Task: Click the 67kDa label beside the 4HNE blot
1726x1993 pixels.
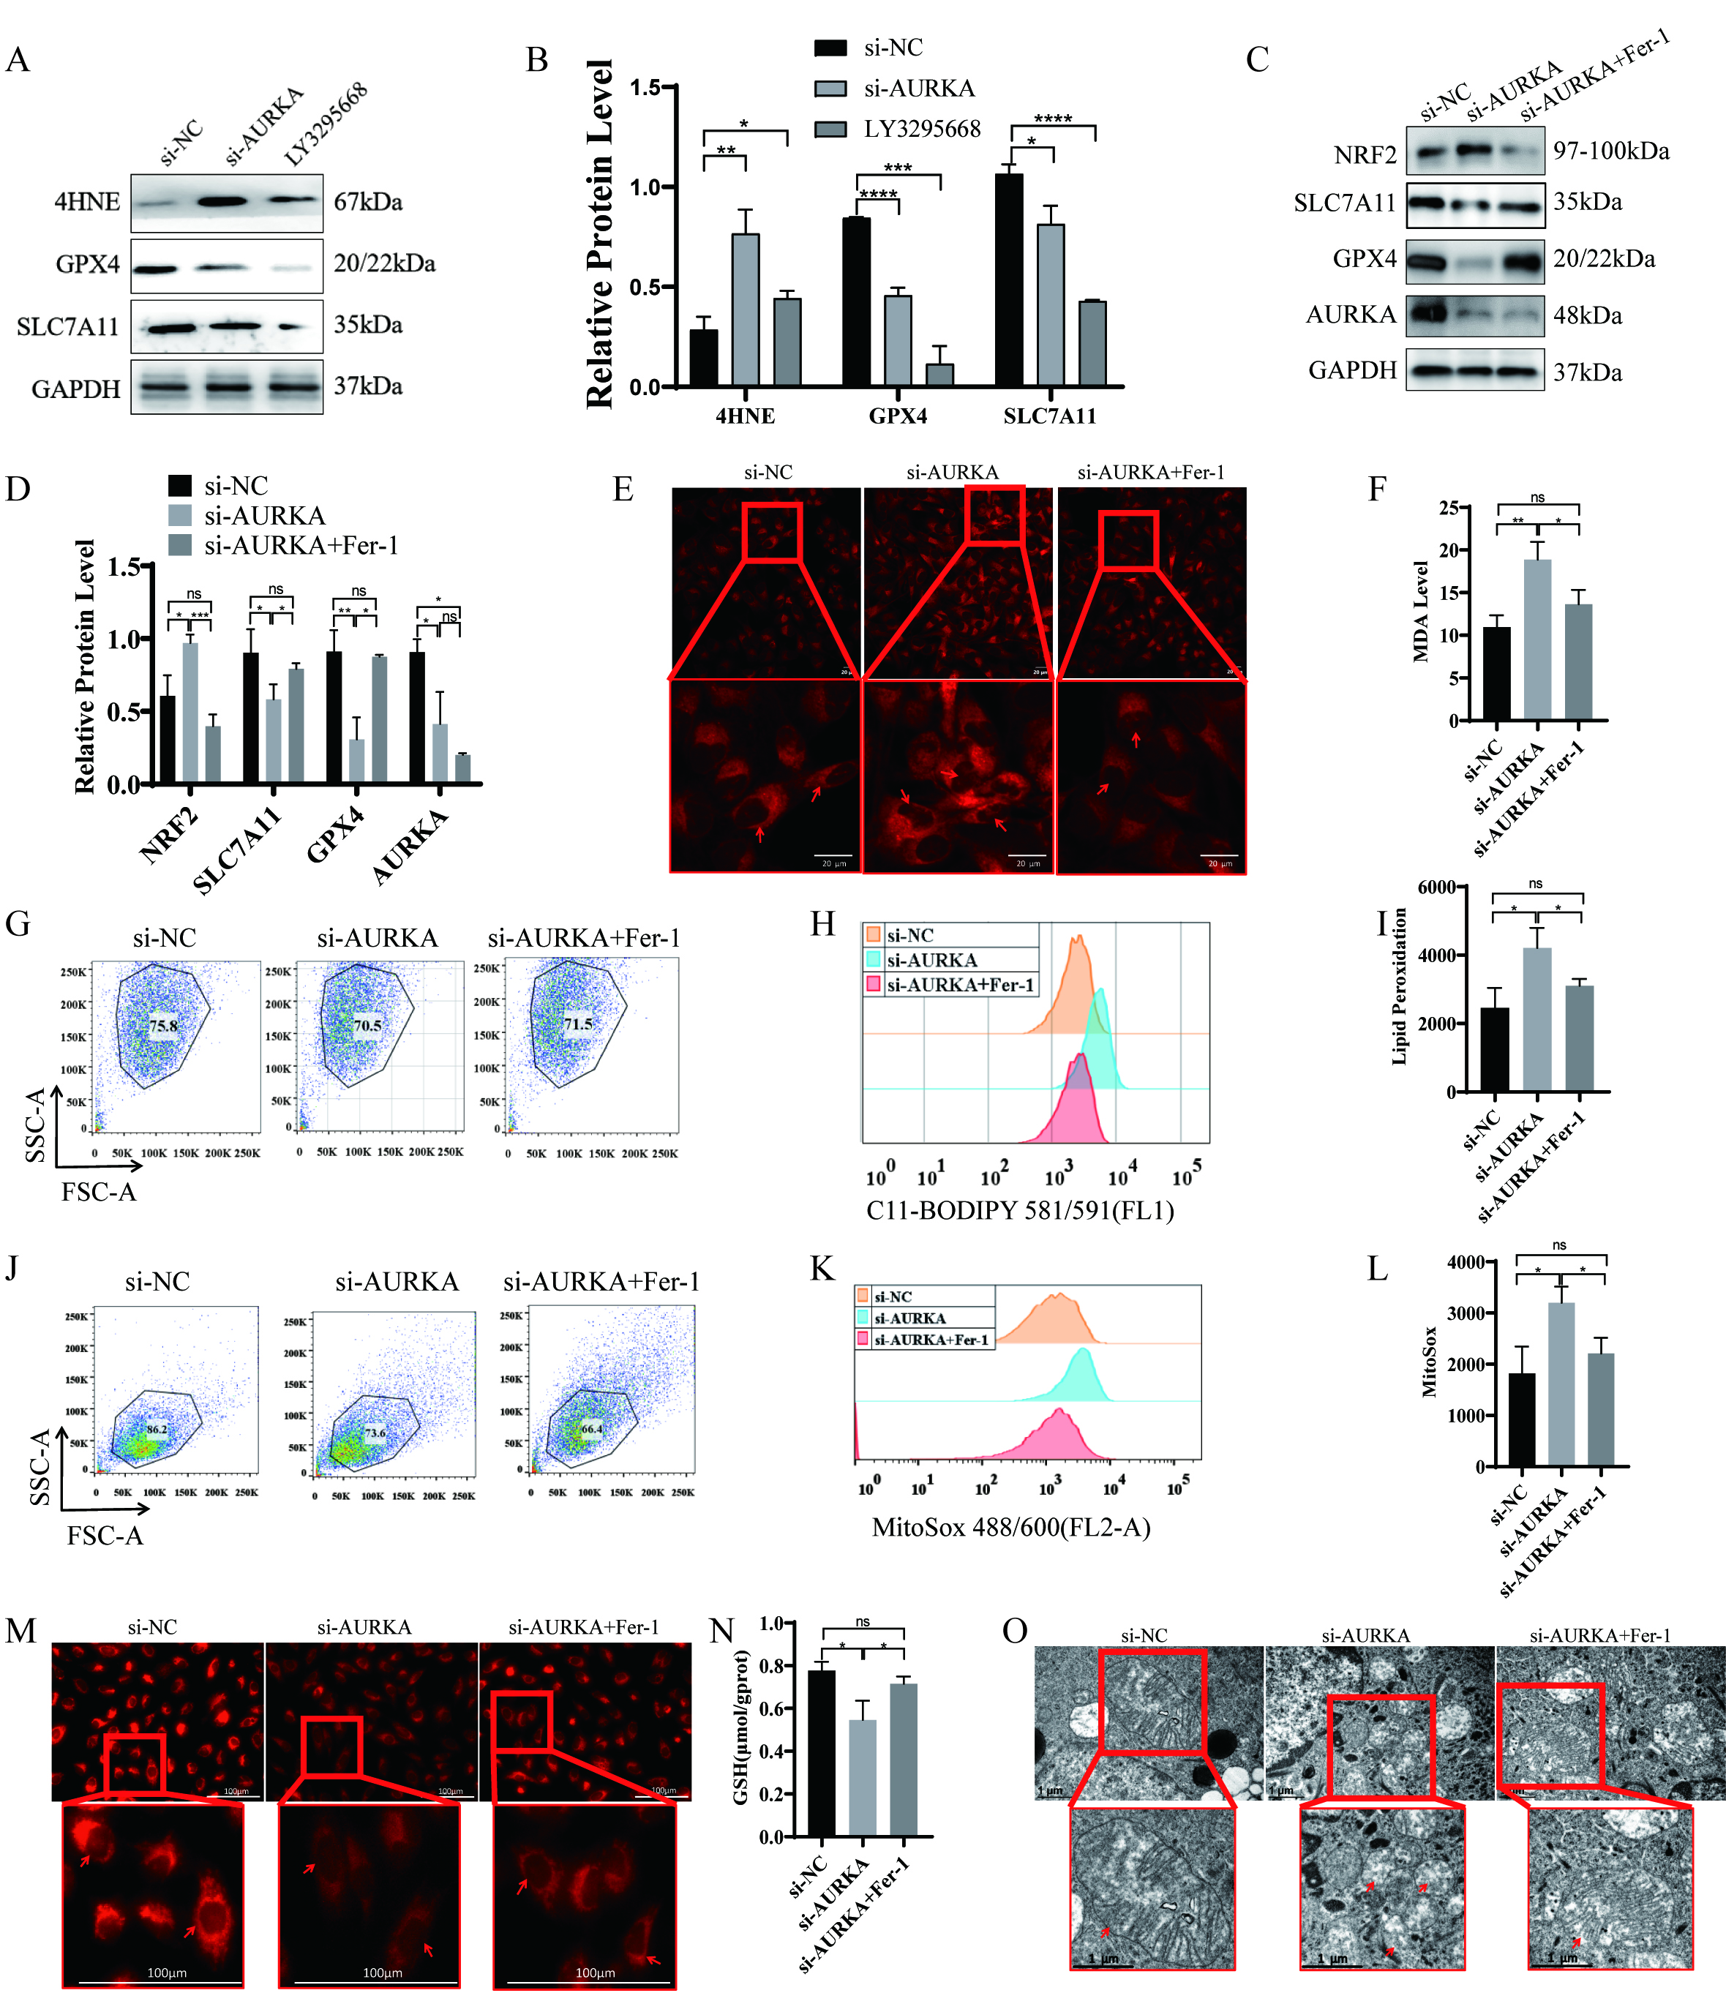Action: coord(368,202)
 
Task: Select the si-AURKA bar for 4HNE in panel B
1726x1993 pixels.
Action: coord(745,308)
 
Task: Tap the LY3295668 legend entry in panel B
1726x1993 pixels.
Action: coord(920,129)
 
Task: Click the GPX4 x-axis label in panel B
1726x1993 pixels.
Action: coord(898,416)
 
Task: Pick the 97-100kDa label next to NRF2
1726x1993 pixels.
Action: coord(1610,151)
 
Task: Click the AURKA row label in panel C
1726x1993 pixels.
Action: coord(1351,315)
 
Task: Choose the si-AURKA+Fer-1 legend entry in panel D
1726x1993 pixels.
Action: coord(301,545)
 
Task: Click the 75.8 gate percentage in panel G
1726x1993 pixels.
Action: coord(162,1026)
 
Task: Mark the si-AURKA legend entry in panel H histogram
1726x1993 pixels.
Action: coord(931,961)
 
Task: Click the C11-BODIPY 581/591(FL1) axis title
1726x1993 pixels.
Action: coord(1020,1210)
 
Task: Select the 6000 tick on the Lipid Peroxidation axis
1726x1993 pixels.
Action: coord(1437,887)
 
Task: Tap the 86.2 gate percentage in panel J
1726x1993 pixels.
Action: coord(156,1430)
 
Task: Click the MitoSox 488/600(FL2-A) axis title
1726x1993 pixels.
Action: coord(1010,1527)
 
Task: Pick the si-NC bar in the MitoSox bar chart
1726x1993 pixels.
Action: coord(1522,1420)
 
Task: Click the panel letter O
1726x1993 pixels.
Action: coord(1015,1631)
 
